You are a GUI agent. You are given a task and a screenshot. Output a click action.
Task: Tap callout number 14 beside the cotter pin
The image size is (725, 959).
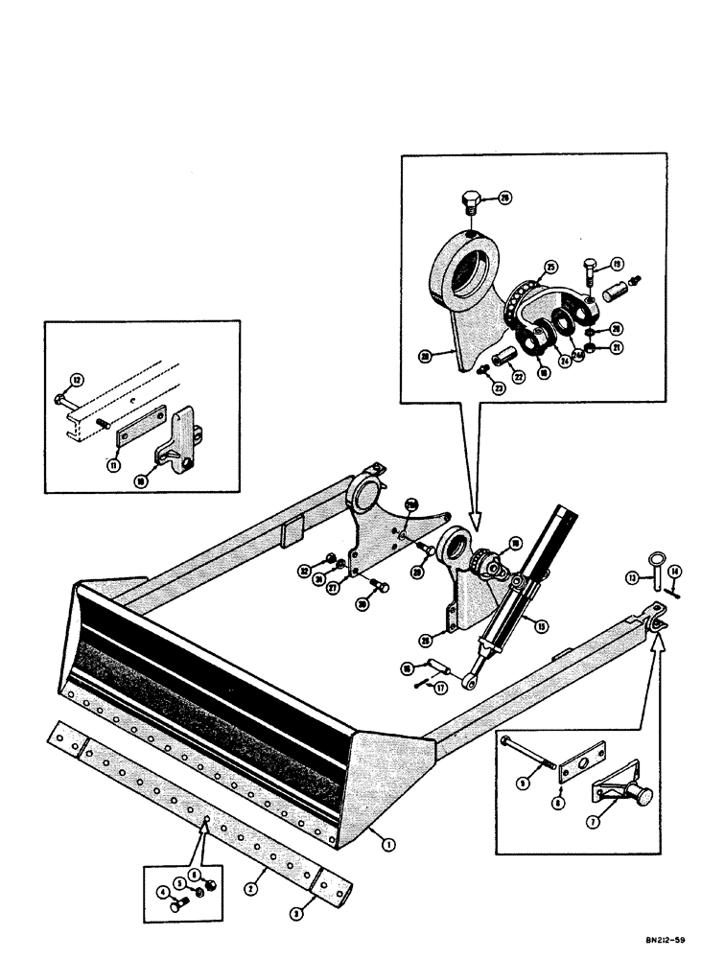(x=675, y=571)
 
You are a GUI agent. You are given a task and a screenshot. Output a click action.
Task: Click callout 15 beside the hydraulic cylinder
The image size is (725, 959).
(x=542, y=627)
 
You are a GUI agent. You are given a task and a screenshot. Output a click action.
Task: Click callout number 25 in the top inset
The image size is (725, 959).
(x=550, y=267)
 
